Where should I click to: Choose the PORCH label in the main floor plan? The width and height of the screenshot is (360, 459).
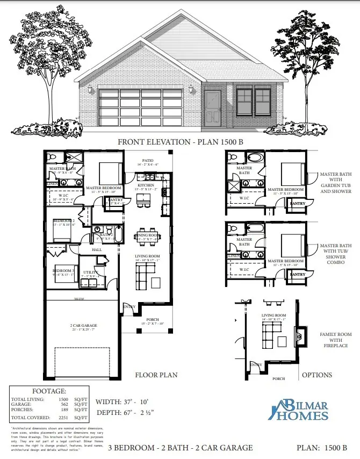152,319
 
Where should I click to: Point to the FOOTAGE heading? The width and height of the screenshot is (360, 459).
49,392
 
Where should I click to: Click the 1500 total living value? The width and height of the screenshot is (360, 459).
63,399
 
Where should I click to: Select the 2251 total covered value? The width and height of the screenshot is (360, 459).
63,418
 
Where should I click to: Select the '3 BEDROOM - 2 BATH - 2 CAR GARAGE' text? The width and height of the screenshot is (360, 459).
181,447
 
